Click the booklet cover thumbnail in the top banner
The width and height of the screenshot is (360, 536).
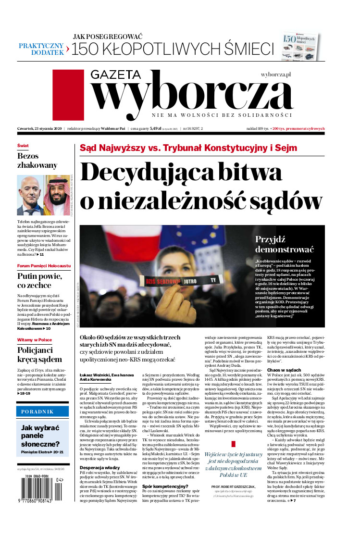pyautogui.click(x=301, y=47)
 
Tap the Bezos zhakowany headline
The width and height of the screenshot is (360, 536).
pyautogui.click(x=37, y=161)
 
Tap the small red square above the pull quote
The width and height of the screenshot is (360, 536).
pyautogui.click(x=234, y=444)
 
